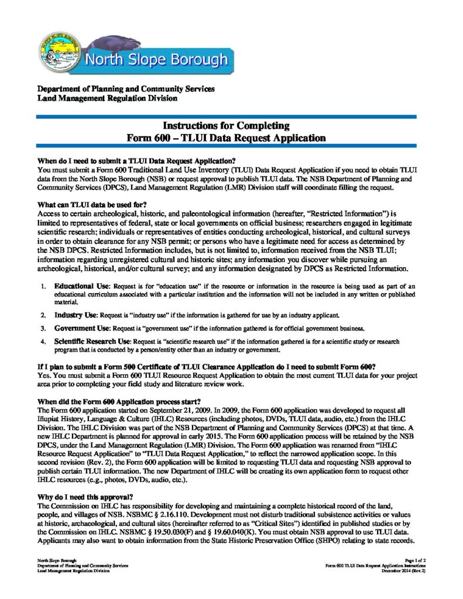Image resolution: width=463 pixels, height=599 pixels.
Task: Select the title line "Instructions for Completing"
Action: point(226,126)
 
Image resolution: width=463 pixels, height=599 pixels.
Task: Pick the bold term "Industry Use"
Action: point(76,315)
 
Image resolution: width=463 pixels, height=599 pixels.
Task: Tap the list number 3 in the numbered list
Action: point(43,328)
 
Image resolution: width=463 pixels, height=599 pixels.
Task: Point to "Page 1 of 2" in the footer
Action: point(414,560)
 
